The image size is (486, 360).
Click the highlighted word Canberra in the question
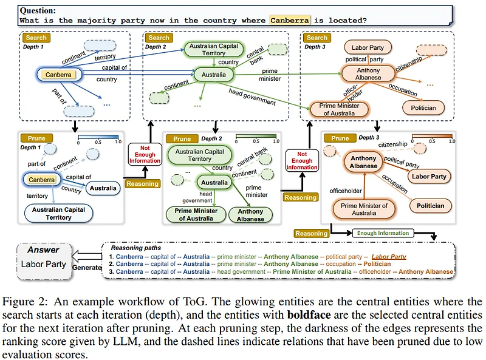click(x=290, y=20)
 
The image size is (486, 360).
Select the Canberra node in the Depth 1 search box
click(x=58, y=75)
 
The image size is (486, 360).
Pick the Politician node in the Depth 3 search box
click(x=423, y=107)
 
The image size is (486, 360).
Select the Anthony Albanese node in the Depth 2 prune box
click(x=251, y=215)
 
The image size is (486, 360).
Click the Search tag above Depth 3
click(x=317, y=38)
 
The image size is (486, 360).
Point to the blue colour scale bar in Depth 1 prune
click(x=97, y=137)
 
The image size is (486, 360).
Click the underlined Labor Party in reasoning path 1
click(x=389, y=256)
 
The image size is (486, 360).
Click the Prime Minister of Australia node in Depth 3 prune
click(x=363, y=209)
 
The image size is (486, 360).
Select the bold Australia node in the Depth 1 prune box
click(x=103, y=188)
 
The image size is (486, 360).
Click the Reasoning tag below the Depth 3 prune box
click(x=310, y=233)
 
